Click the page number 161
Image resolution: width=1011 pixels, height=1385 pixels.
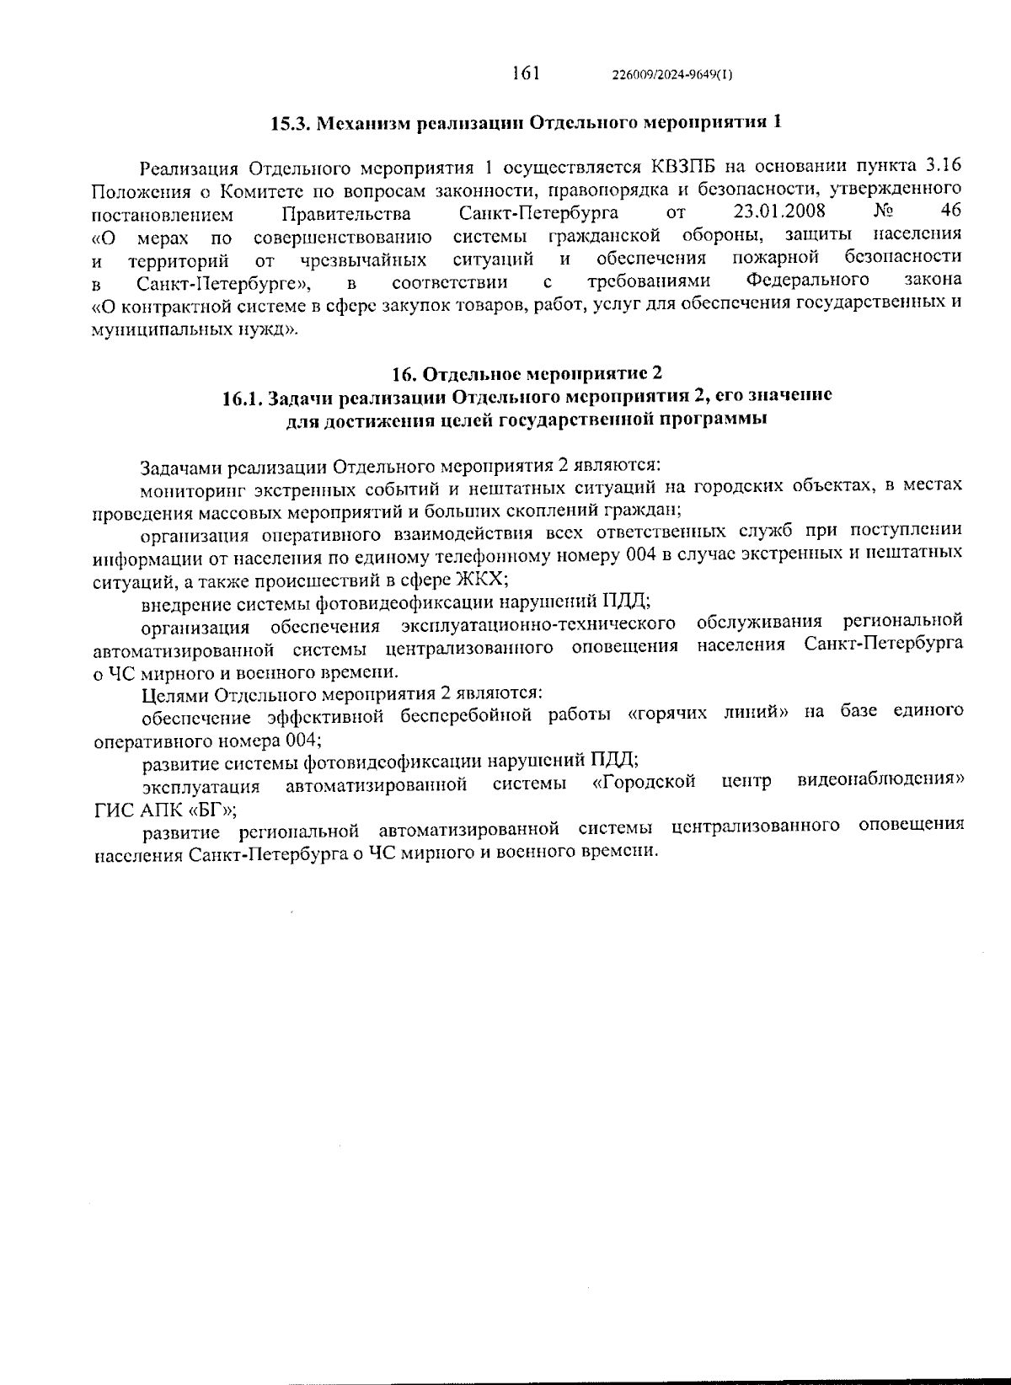[x=525, y=72]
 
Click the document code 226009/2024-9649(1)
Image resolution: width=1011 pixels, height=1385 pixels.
[x=672, y=74]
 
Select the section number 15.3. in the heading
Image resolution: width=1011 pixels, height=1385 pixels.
[x=292, y=123]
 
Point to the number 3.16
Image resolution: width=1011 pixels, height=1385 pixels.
[x=942, y=164]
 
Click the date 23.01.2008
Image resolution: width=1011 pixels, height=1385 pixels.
[x=779, y=210]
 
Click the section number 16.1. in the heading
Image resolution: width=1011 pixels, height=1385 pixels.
[x=243, y=397]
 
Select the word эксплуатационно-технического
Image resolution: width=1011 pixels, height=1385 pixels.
[x=539, y=624]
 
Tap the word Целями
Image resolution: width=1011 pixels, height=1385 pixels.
[x=174, y=694]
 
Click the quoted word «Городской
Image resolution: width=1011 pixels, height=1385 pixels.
[x=645, y=783]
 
